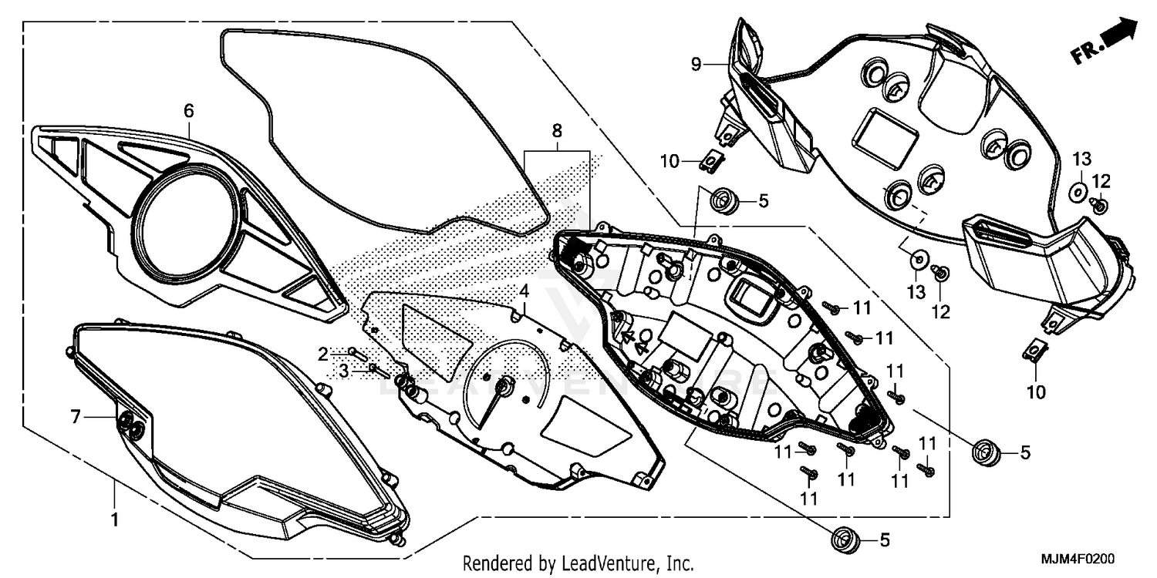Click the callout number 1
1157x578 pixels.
114,519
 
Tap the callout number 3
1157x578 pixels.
345,371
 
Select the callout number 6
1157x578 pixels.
189,111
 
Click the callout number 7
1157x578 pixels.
76,417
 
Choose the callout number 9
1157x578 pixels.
696,64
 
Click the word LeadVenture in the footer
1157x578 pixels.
604,563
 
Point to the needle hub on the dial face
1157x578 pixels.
504,386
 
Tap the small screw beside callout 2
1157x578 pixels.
356,354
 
